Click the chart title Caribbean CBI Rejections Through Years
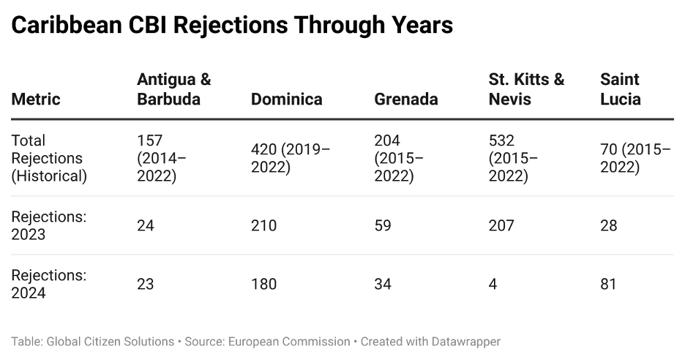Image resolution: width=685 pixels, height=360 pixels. [232, 25]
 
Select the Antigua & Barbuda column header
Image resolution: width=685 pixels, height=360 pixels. [173, 89]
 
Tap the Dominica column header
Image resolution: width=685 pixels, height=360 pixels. [286, 99]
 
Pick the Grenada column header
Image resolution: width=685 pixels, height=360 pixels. [406, 99]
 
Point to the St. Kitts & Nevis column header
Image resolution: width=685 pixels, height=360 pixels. [526, 89]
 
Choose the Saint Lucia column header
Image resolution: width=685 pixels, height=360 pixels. [620, 89]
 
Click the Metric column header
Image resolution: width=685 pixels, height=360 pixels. [36, 99]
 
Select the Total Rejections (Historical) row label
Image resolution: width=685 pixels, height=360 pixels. [48, 158]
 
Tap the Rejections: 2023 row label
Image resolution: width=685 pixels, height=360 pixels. [48, 225]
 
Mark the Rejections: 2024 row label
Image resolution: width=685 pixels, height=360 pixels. [48, 284]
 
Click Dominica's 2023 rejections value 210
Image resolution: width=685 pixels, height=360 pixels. [263, 225]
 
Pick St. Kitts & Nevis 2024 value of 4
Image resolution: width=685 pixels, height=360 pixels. [493, 284]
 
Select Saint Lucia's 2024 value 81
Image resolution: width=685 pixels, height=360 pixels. [608, 284]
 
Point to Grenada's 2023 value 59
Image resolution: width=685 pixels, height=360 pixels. [383, 225]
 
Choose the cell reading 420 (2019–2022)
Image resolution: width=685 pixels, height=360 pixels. [291, 158]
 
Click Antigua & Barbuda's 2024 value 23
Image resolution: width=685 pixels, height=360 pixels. [146, 284]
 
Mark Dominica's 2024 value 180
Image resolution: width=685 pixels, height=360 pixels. [263, 284]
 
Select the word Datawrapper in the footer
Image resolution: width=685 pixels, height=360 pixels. [464, 342]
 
